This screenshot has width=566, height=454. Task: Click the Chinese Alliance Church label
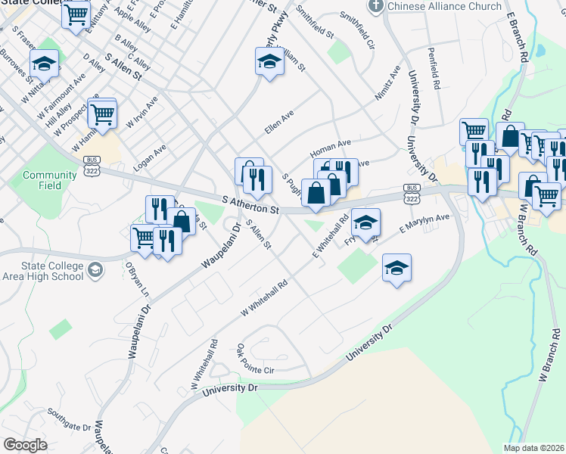tap(444, 6)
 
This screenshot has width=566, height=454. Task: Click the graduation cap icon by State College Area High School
tap(96, 270)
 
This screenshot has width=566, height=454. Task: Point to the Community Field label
tap(39, 180)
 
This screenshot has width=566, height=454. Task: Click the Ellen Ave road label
tap(278, 123)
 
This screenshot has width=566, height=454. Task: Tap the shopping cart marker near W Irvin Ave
tap(101, 115)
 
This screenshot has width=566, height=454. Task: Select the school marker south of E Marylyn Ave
tap(397, 269)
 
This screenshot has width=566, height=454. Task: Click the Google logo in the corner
tap(25, 444)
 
